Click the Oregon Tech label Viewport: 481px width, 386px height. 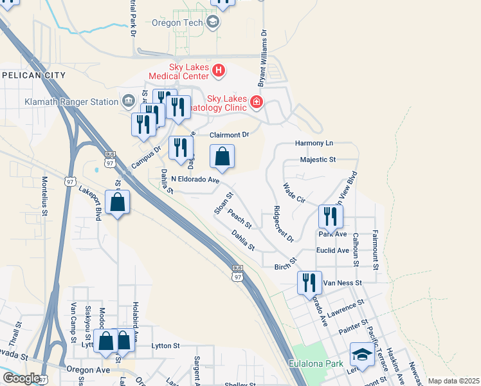(x=177, y=23)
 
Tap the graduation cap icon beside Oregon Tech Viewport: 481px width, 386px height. (x=213, y=23)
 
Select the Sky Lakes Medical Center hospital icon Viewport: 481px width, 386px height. (x=219, y=70)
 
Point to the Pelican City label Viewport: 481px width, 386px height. (x=33, y=75)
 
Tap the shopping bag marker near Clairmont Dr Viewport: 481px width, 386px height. (x=222, y=157)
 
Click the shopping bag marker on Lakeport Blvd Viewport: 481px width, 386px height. (x=118, y=202)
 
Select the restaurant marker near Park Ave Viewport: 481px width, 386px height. (x=331, y=217)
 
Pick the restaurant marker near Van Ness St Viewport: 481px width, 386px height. (x=309, y=282)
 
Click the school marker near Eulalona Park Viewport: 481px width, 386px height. (x=362, y=355)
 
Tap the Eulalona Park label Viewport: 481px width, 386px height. (x=317, y=365)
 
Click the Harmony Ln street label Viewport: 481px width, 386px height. (x=314, y=143)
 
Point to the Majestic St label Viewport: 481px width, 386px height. (x=318, y=160)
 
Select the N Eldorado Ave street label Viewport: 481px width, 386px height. (x=195, y=181)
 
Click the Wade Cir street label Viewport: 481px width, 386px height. (x=294, y=193)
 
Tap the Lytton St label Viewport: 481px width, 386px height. (x=165, y=345)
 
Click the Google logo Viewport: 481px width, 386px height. (x=21, y=378)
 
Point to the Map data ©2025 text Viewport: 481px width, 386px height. (x=453, y=381)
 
